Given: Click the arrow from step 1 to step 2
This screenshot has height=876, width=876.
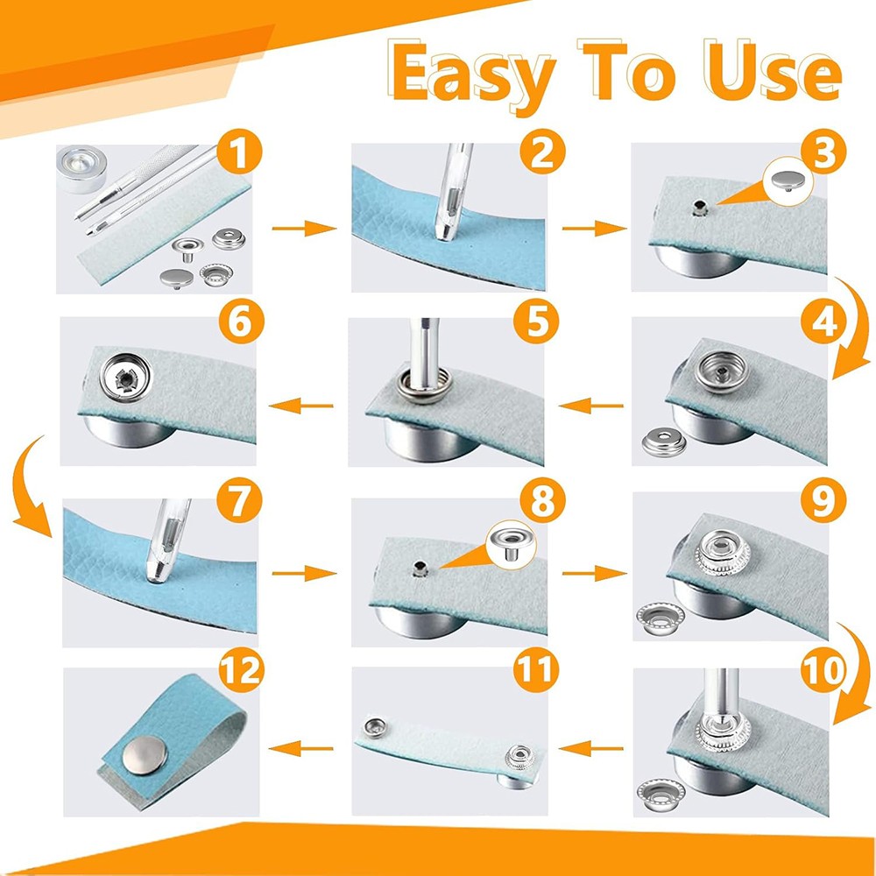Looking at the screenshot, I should [303, 229].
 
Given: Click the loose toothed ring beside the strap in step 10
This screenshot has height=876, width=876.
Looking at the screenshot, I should [659, 789].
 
